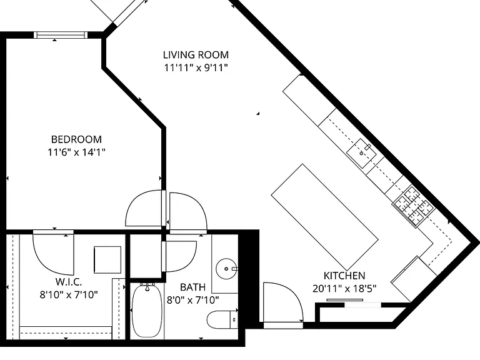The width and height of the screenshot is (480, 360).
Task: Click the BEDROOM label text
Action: [x=76, y=139]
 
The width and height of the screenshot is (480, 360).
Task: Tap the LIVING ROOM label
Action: [x=196, y=55]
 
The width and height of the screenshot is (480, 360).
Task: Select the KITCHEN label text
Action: [x=344, y=276]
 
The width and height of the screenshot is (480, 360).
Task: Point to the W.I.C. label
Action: [x=69, y=282]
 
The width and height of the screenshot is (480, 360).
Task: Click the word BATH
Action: [x=192, y=287]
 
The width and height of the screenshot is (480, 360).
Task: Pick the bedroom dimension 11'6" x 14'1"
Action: [x=76, y=152]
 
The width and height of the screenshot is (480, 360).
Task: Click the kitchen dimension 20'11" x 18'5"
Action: [x=344, y=288]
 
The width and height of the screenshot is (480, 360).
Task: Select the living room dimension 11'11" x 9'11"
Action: [x=196, y=67]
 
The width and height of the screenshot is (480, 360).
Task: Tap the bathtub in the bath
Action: [x=147, y=310]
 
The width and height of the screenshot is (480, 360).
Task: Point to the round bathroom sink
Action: [x=226, y=269]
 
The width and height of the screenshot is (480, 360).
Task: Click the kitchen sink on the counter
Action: [x=361, y=153]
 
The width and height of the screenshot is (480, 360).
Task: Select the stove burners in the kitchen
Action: [x=414, y=206]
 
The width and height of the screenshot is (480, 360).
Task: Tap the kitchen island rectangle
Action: [x=325, y=217]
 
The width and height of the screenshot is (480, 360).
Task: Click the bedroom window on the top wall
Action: [x=61, y=35]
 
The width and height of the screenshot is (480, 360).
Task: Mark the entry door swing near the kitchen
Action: [x=283, y=302]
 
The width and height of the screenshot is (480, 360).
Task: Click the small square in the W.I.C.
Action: [x=107, y=259]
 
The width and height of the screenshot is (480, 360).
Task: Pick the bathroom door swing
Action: [x=179, y=256]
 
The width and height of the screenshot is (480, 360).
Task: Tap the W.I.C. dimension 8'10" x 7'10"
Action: [x=69, y=294]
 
